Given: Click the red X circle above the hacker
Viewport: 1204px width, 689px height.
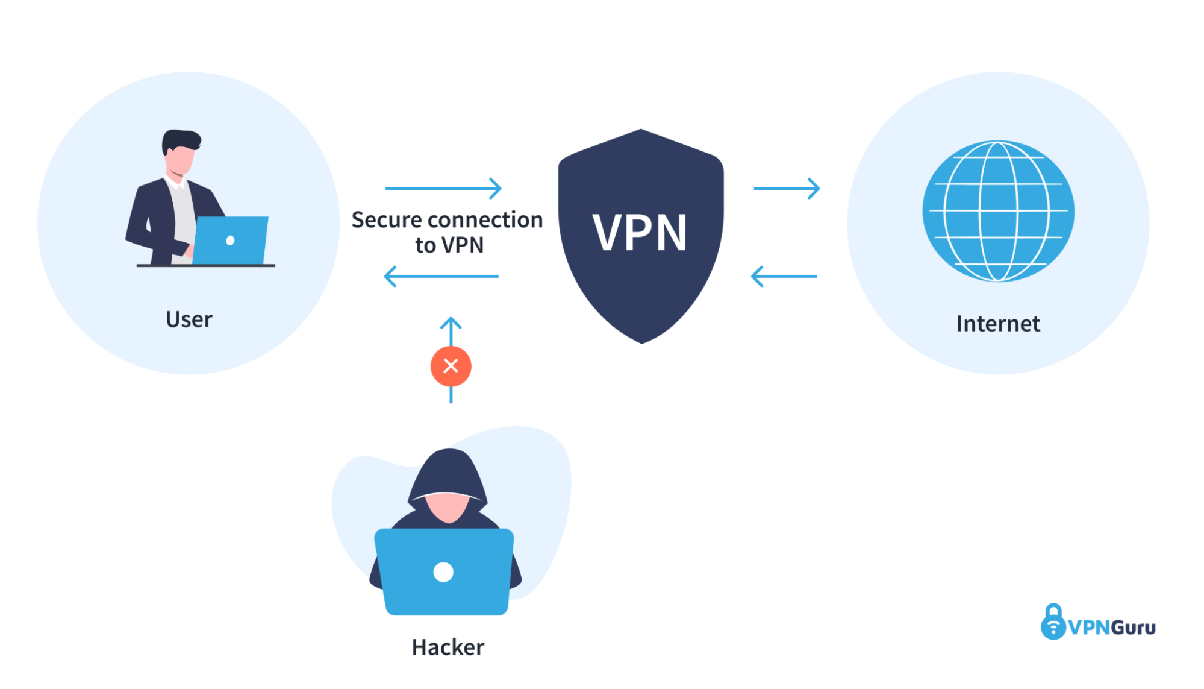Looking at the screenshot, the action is coord(451,366).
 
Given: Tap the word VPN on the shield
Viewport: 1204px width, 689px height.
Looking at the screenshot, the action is coord(640,233).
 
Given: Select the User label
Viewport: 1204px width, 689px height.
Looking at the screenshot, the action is coord(189,319).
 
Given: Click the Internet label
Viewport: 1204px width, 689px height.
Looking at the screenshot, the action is coord(998,324).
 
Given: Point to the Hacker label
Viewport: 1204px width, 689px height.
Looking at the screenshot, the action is coord(448,647).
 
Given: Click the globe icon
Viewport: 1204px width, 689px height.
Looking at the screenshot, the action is coord(998,211).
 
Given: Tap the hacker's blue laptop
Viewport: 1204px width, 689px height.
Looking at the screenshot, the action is coord(444,571).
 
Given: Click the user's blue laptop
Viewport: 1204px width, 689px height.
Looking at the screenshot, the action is coord(230,240).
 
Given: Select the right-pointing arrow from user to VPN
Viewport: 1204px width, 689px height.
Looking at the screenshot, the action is coord(443,188).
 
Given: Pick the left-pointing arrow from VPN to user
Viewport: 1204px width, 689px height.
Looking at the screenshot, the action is coord(441,277).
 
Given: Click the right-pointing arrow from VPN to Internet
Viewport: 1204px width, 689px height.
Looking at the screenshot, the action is coord(787,188).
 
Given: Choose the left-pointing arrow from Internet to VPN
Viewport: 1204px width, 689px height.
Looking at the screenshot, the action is coord(784,277).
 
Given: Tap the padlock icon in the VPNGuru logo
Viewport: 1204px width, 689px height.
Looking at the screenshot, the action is coord(1053,621).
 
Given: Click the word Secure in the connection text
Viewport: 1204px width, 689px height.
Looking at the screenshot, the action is coord(387,220).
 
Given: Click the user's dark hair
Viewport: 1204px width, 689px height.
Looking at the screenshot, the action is coord(181,140).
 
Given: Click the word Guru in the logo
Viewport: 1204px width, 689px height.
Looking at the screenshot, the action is coord(1134,628).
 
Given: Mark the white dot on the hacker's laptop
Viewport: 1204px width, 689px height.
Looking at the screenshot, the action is coord(443,572).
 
